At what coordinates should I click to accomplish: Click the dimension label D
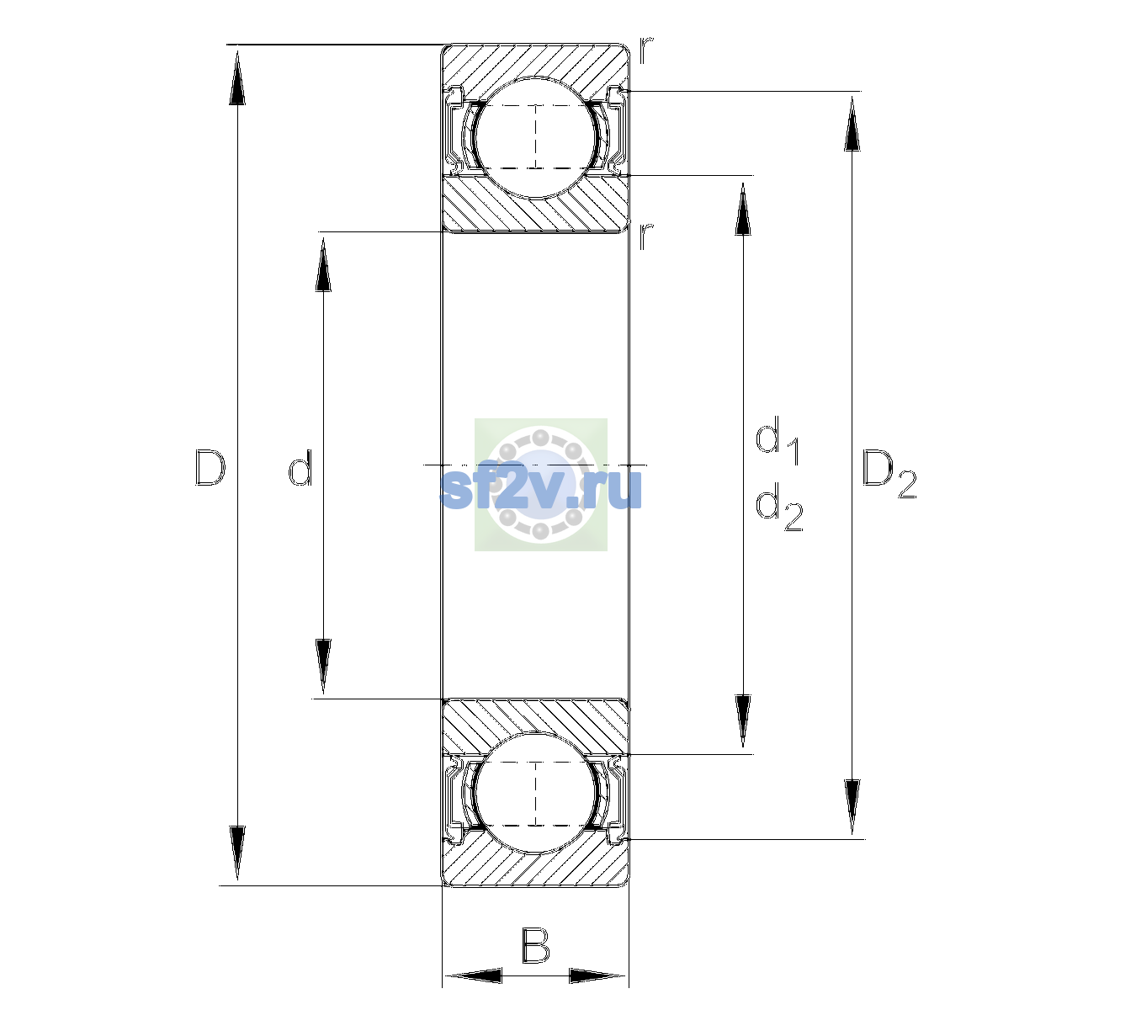[210, 466]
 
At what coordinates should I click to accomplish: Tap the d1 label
[778, 441]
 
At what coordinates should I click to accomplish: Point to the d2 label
[779, 508]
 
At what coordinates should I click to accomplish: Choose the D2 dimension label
[889, 474]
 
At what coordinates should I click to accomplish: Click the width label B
[535, 945]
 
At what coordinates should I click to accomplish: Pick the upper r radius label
[646, 50]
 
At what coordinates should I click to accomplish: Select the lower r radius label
[646, 237]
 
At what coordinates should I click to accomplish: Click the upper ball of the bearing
[535, 137]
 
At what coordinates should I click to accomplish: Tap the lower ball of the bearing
[535, 793]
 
